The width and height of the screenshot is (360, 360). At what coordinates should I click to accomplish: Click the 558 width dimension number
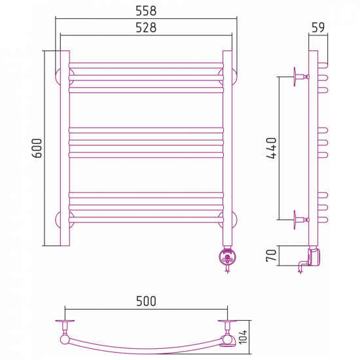(x=146, y=10)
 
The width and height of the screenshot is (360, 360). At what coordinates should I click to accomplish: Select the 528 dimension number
(x=146, y=27)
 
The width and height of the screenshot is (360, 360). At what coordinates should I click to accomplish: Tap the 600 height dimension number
(x=37, y=148)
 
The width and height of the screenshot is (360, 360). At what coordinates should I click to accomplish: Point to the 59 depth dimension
(x=318, y=27)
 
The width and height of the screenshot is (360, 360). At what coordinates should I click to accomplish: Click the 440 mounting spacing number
(x=272, y=148)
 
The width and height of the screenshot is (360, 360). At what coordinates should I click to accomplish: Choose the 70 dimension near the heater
(x=271, y=255)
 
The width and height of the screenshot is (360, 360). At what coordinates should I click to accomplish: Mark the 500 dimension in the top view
(x=146, y=301)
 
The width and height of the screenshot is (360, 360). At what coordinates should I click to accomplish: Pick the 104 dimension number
(x=243, y=337)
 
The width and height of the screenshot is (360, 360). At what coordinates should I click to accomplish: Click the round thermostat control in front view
(x=227, y=258)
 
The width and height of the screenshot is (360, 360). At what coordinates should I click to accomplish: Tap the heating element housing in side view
(x=315, y=256)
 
